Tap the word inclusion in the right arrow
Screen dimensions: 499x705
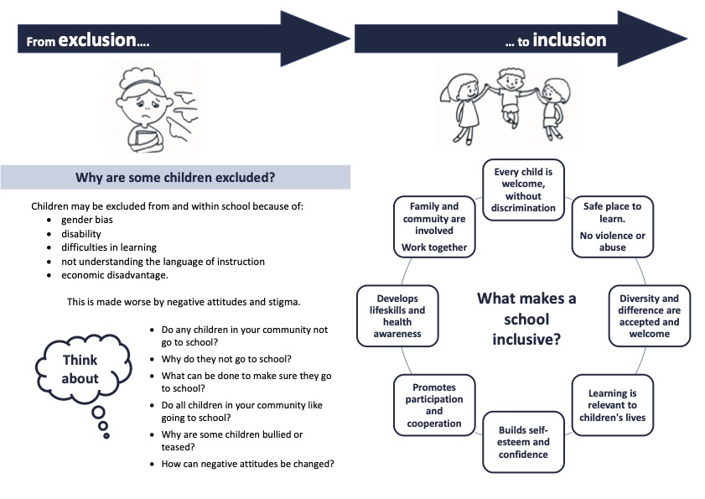click(569, 39)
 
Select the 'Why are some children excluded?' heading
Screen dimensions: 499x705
click(175, 178)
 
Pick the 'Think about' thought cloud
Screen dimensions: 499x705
click(80, 369)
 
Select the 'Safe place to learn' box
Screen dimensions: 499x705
click(612, 226)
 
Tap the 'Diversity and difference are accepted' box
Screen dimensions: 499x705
click(649, 316)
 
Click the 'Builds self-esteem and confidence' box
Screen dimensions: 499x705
click(523, 441)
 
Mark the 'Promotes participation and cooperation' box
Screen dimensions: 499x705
click(433, 405)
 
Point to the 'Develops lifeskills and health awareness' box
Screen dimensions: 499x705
click(397, 315)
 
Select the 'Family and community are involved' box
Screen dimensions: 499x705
click(434, 226)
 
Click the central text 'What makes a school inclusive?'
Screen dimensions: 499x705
click(526, 319)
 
